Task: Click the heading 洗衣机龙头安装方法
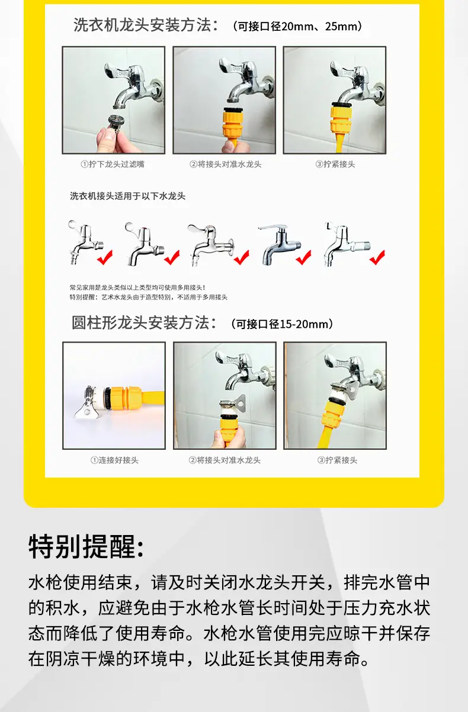tap(142, 25)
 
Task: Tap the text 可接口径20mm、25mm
tap(297, 27)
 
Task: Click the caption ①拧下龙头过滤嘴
tap(113, 165)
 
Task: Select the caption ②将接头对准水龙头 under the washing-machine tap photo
tap(225, 165)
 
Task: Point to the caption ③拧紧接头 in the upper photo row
tap(335, 165)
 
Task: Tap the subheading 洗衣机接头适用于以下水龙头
tap(127, 196)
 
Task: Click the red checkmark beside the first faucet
tap(105, 257)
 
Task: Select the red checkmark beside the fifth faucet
tap(377, 257)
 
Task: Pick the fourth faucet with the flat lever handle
tap(280, 244)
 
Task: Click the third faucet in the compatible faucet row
tap(211, 244)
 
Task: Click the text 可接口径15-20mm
tap(281, 324)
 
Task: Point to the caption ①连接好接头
tap(114, 460)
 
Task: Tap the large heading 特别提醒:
tap(86, 547)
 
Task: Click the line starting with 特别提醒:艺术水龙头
tap(149, 297)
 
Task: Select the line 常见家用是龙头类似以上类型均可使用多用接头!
tap(137, 288)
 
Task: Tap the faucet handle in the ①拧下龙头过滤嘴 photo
tap(114, 70)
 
